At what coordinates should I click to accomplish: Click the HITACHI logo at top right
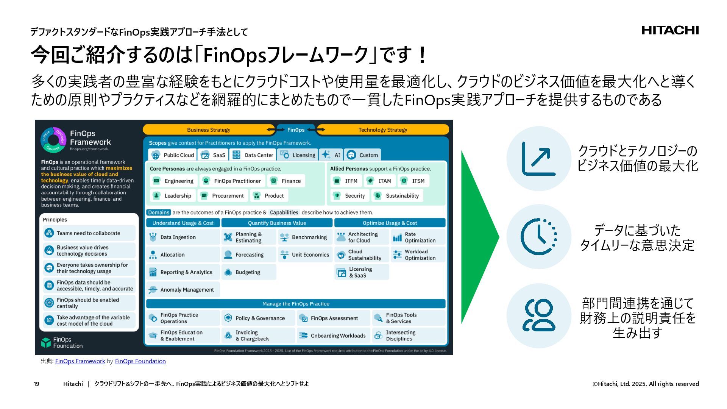(670, 30)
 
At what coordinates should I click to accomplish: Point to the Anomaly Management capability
(183, 290)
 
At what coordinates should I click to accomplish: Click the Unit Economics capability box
(305, 255)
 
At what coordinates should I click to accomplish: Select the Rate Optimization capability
(418, 237)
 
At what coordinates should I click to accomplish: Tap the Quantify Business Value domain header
(277, 223)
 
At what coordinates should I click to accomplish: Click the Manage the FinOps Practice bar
(296, 304)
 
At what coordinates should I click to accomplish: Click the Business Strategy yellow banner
(209, 130)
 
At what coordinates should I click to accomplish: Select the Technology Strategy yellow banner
(382, 130)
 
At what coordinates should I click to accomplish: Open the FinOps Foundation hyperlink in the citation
(140, 361)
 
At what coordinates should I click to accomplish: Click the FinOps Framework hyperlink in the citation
(80, 361)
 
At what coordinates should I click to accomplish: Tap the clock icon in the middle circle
(538, 237)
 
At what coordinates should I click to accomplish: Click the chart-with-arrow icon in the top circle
(538, 159)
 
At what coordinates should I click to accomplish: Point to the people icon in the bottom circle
(538, 315)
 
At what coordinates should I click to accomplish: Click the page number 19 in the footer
(36, 384)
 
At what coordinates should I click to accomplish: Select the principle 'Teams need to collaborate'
(89, 233)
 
